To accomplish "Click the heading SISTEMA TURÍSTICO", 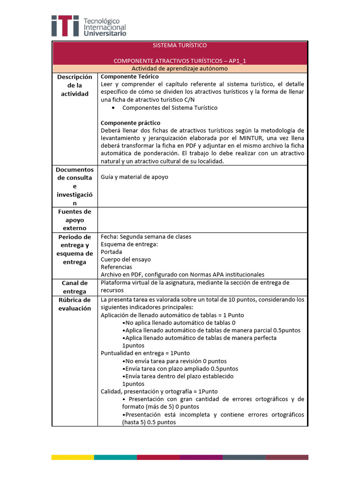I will pyautogui.click(x=180, y=45).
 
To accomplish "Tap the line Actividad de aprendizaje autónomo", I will pyautogui.click(x=180, y=68).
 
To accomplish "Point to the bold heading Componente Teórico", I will pyautogui.click(x=130, y=76).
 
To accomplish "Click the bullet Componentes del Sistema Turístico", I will pyautogui.click(x=170, y=107).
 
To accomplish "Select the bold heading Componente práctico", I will pyautogui.click(x=131, y=123).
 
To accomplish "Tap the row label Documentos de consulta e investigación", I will pyautogui.click(x=75, y=186).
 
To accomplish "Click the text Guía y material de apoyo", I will pyautogui.click(x=135, y=177).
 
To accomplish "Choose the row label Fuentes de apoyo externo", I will pyautogui.click(x=75, y=220).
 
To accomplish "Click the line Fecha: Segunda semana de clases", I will pyautogui.click(x=146, y=237).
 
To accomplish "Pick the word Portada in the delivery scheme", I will pyautogui.click(x=112, y=252).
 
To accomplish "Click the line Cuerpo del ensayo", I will pyautogui.click(x=126, y=259).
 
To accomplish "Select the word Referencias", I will pyautogui.click(x=116, y=267).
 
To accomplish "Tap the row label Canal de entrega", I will pyautogui.click(x=75, y=287).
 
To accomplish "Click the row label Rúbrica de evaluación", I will pyautogui.click(x=75, y=304).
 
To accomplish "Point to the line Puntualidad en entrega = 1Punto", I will pyautogui.click(x=145, y=353).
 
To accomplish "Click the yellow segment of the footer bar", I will pyautogui.click(x=72, y=457).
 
